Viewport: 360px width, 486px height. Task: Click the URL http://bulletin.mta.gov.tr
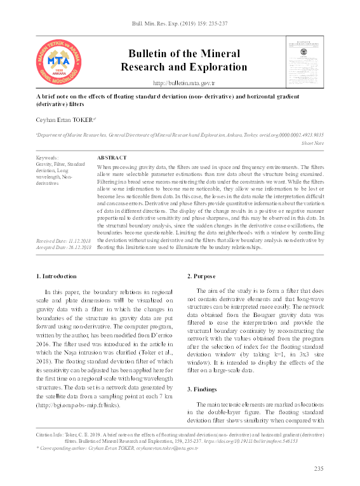click(x=184, y=83)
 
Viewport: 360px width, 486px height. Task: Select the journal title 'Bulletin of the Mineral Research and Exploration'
click(x=183, y=60)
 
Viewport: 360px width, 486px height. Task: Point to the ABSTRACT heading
click(x=112, y=157)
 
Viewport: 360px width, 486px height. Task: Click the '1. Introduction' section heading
click(x=56, y=276)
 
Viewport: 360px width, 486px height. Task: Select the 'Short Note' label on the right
click(x=312, y=143)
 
